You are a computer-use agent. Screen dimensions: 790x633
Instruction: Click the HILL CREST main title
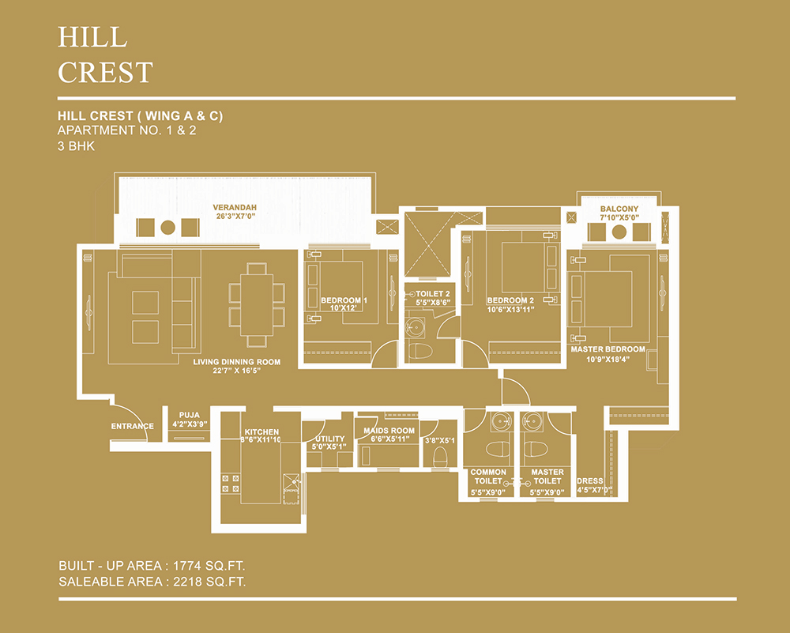(x=105, y=55)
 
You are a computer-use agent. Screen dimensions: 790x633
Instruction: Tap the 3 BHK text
(x=76, y=146)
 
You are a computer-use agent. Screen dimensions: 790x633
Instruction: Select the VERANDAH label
(x=235, y=207)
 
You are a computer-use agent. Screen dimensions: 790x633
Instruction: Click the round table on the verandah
(x=167, y=228)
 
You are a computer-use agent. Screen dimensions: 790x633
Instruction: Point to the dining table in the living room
(x=257, y=304)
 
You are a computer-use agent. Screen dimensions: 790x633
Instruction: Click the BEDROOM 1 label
(x=344, y=300)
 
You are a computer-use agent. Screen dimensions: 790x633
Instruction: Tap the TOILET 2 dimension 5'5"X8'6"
(x=433, y=303)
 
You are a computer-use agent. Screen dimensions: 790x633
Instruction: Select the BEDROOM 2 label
(x=510, y=300)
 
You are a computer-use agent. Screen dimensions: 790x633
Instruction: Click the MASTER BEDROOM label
(x=608, y=349)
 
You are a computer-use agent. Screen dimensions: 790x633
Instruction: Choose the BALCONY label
(x=619, y=209)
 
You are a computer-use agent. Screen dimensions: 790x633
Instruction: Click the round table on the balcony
(x=619, y=232)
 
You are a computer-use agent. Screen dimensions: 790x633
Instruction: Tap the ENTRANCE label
(x=133, y=427)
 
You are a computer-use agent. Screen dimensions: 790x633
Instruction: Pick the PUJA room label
(x=190, y=415)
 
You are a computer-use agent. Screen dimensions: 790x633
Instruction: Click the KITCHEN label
(x=261, y=432)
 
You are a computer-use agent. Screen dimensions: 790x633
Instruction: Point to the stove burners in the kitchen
(x=231, y=484)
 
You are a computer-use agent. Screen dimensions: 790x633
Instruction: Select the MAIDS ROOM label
(x=389, y=431)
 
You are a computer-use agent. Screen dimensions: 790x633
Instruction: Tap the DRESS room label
(x=590, y=480)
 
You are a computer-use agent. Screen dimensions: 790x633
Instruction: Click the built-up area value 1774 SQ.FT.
(x=209, y=566)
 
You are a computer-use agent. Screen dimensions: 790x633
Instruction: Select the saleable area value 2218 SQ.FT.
(x=209, y=582)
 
